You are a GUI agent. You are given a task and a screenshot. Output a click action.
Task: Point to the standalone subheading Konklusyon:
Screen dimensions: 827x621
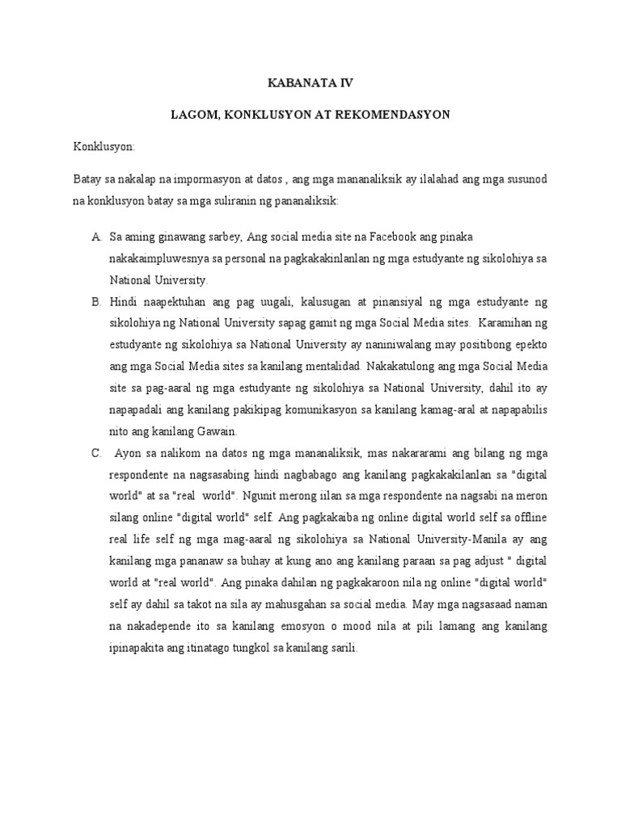point(103,148)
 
